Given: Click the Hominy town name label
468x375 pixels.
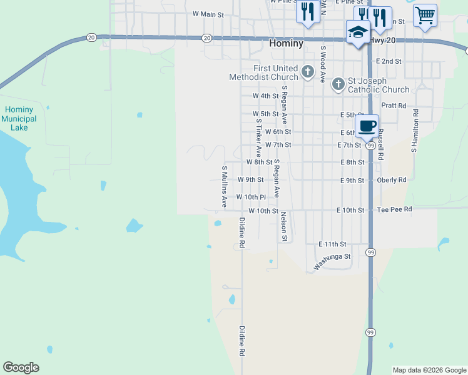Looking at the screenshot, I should click(x=286, y=44).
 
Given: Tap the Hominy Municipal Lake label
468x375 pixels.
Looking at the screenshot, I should click(x=19, y=118).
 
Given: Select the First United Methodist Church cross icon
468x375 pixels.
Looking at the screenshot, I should click(x=307, y=72).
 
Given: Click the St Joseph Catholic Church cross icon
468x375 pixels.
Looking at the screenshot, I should click(x=338, y=84).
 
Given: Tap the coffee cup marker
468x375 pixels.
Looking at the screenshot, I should click(x=367, y=126).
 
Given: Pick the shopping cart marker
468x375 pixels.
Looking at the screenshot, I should click(x=425, y=15).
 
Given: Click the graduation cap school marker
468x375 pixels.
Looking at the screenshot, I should click(x=357, y=32).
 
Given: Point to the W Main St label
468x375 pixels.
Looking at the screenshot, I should click(x=208, y=14).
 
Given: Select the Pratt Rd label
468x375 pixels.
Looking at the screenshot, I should click(x=394, y=106).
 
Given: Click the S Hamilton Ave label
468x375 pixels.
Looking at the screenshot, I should click(x=414, y=131).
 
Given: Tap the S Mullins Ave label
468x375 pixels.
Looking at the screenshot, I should click(x=224, y=186).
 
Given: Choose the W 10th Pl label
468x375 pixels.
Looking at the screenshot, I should click(x=251, y=197).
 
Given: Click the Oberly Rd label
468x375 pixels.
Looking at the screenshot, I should click(x=392, y=180).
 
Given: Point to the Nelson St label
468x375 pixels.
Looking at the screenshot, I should click(x=283, y=226).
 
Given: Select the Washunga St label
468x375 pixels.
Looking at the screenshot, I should click(x=332, y=261).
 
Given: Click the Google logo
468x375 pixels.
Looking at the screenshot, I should click(x=21, y=367).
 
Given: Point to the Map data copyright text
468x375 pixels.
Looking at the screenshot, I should click(x=429, y=370).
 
